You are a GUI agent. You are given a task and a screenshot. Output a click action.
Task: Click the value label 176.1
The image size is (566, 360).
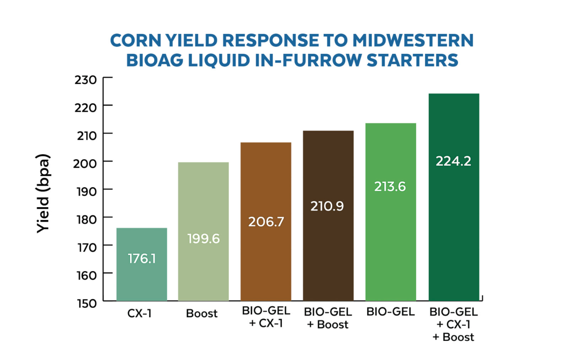(x=141, y=258)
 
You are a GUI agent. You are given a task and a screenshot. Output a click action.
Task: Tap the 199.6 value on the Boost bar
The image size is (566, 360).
(x=203, y=239)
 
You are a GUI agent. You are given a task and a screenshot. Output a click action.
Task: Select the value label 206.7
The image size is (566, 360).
(x=266, y=222)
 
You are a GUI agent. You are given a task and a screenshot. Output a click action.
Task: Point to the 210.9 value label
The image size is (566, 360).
(x=328, y=206)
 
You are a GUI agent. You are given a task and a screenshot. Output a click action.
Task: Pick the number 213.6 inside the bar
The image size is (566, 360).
(x=390, y=186)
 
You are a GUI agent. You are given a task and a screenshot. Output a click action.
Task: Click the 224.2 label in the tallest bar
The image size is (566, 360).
(x=453, y=161)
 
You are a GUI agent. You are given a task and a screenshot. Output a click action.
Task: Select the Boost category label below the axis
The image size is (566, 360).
(x=202, y=314)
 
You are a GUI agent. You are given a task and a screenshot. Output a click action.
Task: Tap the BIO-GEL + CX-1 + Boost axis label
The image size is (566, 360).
(x=453, y=324)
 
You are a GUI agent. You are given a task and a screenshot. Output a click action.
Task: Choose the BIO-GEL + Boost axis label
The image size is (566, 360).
(x=328, y=318)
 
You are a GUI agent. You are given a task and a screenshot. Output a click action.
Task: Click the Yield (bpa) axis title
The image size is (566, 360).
(x=43, y=193)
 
